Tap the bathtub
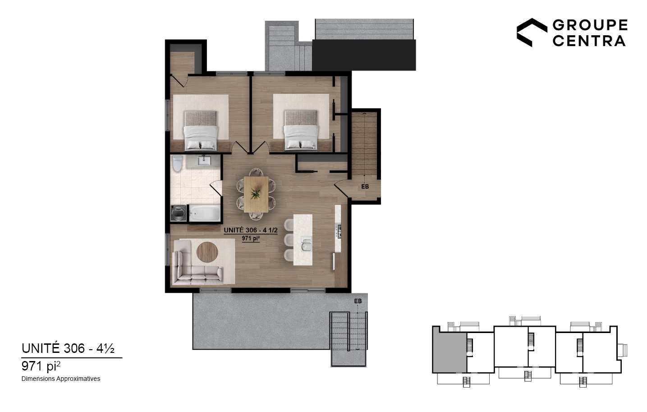[x=205, y=213]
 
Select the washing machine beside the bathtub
[x=178, y=213]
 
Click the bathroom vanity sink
[x=204, y=161]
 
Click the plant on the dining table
[x=255, y=194]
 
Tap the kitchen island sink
[x=306, y=244]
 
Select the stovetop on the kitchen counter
[x=338, y=231]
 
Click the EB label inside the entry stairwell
[x=365, y=187]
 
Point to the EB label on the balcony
[x=358, y=301]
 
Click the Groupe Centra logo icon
[x=532, y=32]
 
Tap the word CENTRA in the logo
[x=589, y=41]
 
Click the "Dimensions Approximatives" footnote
[x=61, y=379]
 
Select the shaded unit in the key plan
[x=450, y=352]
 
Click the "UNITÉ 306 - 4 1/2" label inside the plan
[x=251, y=231]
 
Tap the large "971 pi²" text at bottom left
[x=41, y=366]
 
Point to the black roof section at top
[x=364, y=55]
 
